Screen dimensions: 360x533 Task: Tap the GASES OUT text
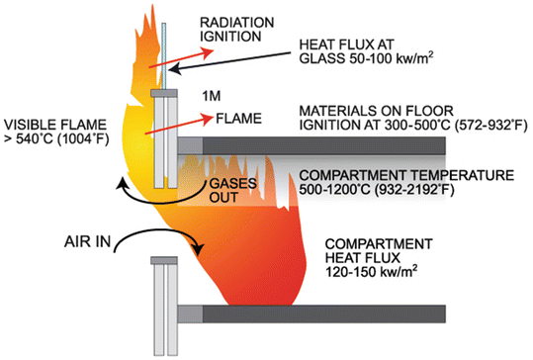(224, 190)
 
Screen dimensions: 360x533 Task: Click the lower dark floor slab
(366, 314)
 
